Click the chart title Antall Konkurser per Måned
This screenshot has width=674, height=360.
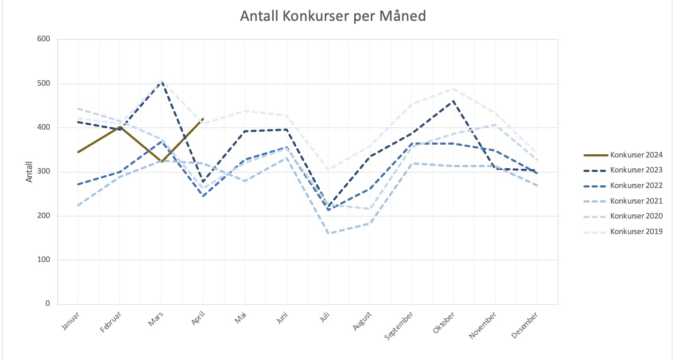(x=333, y=17)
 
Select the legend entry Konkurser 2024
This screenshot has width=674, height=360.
(x=636, y=155)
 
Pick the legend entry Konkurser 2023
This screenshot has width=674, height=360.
(x=636, y=170)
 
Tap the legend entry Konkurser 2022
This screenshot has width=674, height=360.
(x=636, y=185)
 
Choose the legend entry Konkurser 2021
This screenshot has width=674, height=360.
(x=636, y=201)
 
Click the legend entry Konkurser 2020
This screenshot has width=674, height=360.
(x=636, y=216)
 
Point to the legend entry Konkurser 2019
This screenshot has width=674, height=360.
(x=636, y=231)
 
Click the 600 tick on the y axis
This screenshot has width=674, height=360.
(x=43, y=39)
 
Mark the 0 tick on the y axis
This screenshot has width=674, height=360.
(x=47, y=304)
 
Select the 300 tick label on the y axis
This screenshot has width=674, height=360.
(x=43, y=172)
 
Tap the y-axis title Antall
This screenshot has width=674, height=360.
(x=29, y=171)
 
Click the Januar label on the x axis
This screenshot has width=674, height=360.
(x=70, y=320)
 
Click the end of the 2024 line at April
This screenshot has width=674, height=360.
(x=203, y=118)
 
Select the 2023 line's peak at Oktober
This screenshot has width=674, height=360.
(x=454, y=101)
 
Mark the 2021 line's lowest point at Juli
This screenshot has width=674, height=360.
(x=328, y=233)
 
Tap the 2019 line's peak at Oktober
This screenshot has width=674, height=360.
(x=454, y=88)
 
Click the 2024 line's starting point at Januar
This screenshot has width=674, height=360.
(x=78, y=152)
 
